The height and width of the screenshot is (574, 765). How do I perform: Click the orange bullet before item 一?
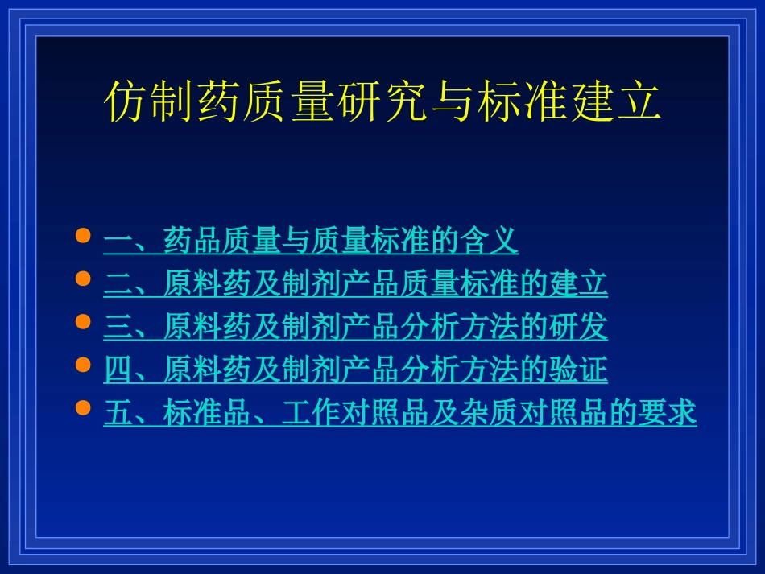click(x=82, y=236)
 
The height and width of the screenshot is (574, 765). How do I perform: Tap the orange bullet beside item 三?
click(x=82, y=322)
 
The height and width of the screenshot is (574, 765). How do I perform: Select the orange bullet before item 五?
click(x=82, y=408)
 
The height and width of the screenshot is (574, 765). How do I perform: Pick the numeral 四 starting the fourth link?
click(x=118, y=370)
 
